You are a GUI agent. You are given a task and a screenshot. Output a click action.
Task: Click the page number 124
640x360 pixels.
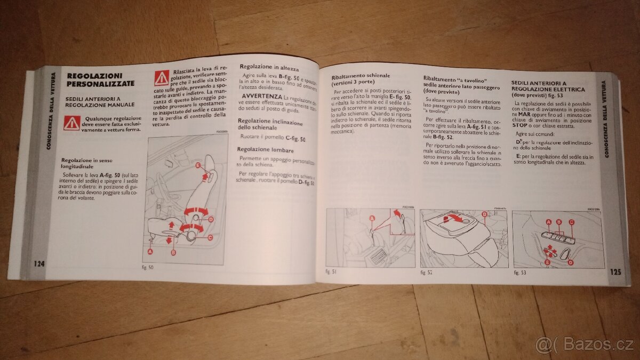38,264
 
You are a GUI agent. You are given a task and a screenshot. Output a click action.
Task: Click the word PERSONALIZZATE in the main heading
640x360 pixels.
100,84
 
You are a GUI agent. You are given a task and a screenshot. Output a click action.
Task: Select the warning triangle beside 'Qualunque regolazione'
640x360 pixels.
71,123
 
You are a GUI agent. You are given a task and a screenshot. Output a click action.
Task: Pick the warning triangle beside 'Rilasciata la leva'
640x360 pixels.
162,78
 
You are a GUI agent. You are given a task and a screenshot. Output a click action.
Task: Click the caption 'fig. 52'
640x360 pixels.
426,273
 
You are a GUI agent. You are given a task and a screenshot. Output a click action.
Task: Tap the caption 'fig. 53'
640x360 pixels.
519,273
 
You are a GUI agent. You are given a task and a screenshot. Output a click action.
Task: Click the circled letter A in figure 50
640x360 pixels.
150,251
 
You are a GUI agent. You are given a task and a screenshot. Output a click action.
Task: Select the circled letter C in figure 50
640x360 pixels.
210,237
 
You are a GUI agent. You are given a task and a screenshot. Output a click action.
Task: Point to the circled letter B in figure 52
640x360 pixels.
484,215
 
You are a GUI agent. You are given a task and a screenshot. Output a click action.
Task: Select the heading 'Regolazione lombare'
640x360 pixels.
266,151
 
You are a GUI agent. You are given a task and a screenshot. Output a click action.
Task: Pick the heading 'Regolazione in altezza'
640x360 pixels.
269,68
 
